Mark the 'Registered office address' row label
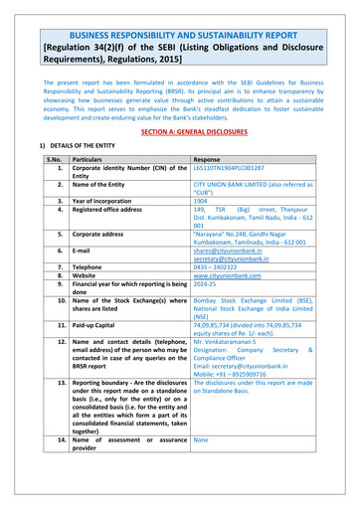click(x=113, y=209)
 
